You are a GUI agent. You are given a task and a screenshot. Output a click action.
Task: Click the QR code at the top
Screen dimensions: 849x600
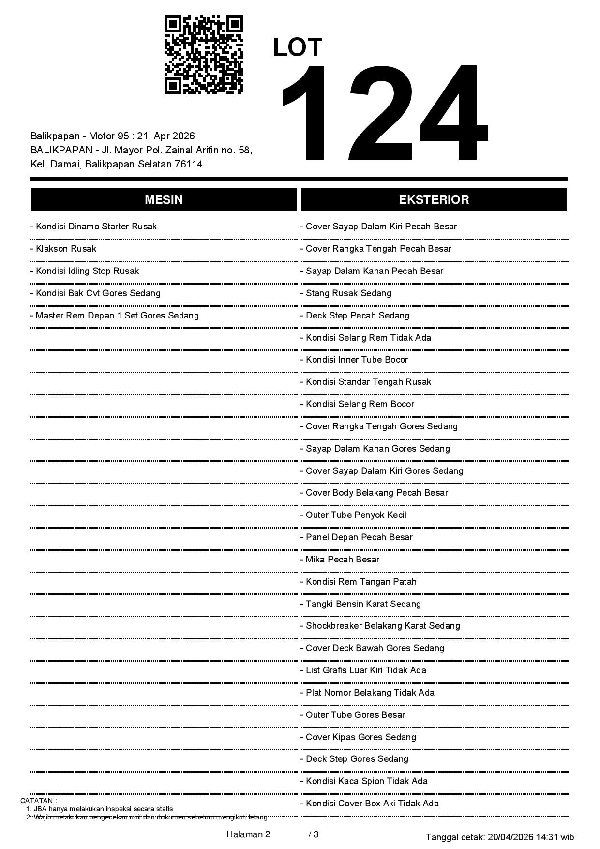tap(204, 55)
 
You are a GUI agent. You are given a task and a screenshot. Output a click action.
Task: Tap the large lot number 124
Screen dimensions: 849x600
tap(382, 112)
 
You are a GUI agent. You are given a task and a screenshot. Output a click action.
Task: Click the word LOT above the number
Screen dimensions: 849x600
tap(298, 47)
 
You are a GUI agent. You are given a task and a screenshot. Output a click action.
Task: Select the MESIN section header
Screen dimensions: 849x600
tap(164, 200)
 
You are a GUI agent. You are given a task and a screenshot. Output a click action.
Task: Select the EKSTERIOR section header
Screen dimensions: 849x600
tap(434, 200)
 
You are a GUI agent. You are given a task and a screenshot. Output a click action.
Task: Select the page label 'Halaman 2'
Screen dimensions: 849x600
tap(248, 834)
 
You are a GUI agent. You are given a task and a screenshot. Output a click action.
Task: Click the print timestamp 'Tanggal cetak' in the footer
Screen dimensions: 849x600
tap(500, 837)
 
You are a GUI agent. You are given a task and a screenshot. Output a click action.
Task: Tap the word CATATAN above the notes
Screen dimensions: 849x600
tap(38, 801)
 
